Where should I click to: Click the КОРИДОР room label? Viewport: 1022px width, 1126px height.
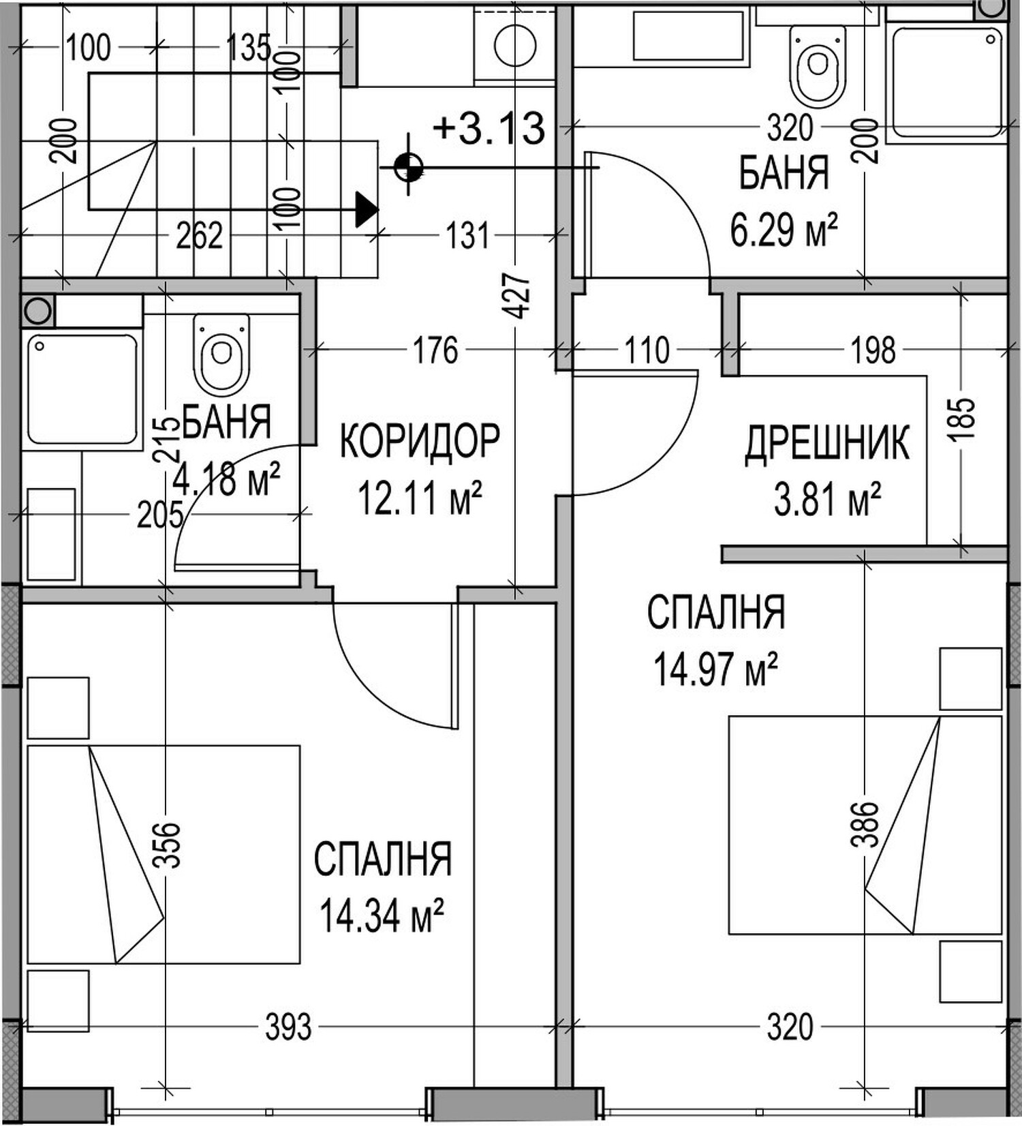point(420,440)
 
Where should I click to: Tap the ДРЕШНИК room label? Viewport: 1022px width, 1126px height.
point(827,443)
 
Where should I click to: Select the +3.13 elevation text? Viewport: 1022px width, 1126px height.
point(489,127)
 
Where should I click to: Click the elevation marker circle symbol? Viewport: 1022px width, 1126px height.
point(409,166)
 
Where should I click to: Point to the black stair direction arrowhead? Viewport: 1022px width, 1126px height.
point(367,209)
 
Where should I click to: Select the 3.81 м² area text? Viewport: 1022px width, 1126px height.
point(827,499)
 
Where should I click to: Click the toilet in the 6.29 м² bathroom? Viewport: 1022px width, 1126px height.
point(818,66)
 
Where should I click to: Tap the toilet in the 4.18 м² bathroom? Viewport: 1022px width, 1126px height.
point(221,353)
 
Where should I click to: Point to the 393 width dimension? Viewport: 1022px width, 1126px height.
point(288,1027)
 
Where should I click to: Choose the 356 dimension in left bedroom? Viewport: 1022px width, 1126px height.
point(166,844)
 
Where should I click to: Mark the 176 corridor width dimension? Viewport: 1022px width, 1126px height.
point(436,350)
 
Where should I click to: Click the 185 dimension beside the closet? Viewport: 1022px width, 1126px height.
point(964,417)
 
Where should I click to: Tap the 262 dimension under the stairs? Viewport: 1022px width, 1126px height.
point(199,236)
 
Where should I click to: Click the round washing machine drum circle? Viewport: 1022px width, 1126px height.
point(515,46)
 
